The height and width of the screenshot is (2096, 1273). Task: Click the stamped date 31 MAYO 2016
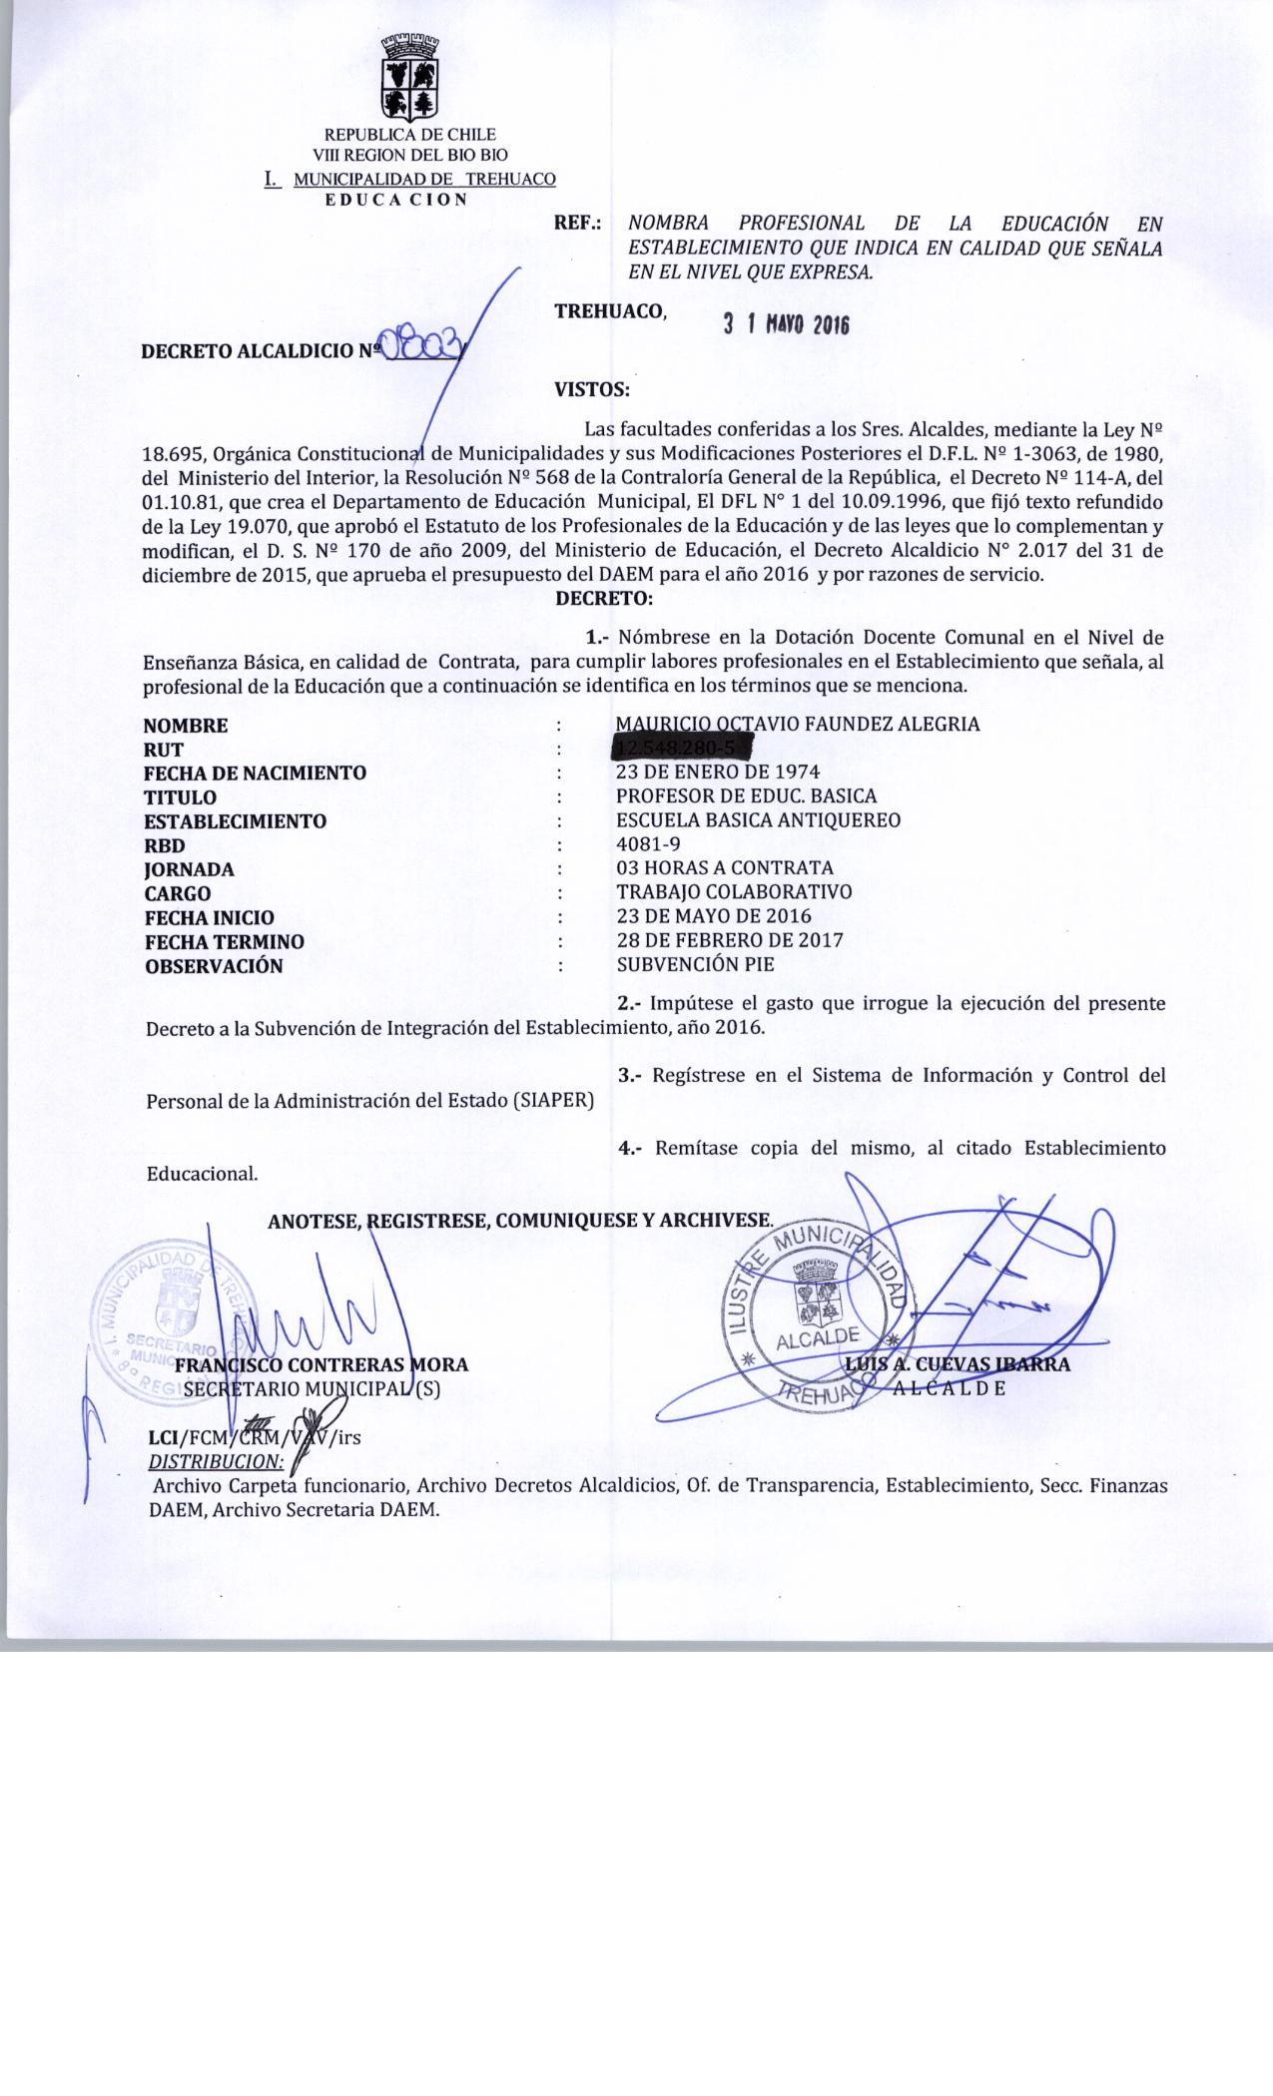[785, 324]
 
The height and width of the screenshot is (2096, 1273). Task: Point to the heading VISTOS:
[591, 388]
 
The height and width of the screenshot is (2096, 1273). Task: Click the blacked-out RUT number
[681, 748]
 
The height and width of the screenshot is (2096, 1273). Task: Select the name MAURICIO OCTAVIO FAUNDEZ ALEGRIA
[798, 725]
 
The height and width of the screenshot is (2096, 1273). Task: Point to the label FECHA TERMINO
[225, 941]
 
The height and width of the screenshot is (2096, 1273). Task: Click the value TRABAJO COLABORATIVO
[734, 892]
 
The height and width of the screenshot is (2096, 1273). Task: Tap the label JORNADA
[190, 869]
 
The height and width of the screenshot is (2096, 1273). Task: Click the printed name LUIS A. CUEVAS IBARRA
[956, 1364]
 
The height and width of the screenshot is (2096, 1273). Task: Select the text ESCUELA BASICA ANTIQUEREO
[759, 820]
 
